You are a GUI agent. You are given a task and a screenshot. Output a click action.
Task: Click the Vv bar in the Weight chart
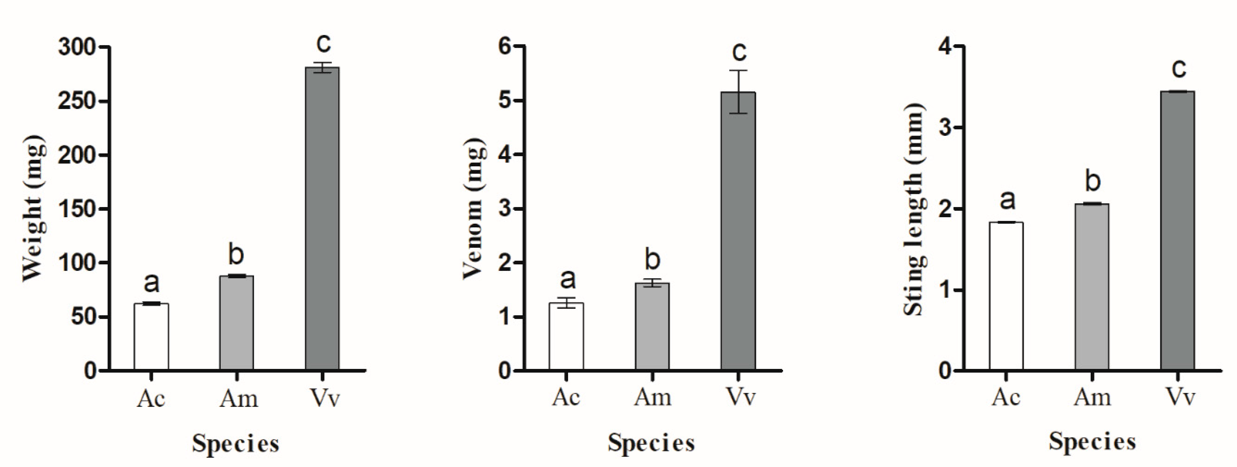pos(322,218)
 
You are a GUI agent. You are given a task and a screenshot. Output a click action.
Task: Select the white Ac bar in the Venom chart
pos(567,336)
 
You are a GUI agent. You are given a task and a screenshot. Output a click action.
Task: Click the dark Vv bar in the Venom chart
pos(738,231)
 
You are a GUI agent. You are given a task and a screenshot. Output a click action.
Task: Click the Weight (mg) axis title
pos(34,209)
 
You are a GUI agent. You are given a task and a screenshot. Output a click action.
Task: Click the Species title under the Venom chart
pos(651,443)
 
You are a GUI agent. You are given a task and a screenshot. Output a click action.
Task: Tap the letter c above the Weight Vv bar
pos(323,43)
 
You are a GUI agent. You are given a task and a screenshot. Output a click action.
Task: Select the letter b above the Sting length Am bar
pos(1093,181)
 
